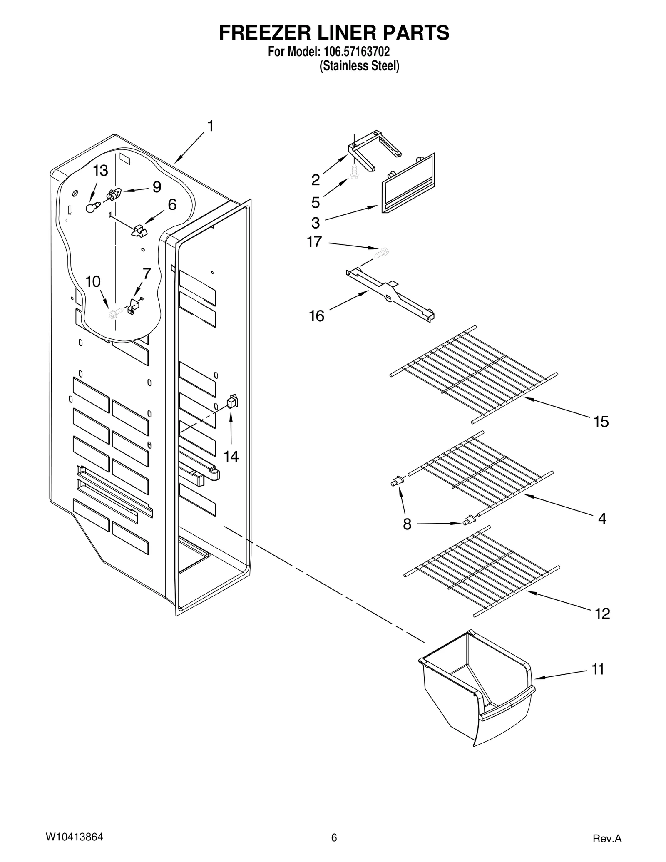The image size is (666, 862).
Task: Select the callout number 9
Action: coord(157,187)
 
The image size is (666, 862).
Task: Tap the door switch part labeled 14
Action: coord(232,402)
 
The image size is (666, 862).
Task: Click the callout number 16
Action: coord(316,316)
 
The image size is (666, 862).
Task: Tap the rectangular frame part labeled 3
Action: coord(408,184)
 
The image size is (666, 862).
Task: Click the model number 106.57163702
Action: coord(355,52)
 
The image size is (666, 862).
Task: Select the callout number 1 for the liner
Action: coord(210,126)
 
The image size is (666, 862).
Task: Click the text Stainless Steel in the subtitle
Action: coord(359,66)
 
